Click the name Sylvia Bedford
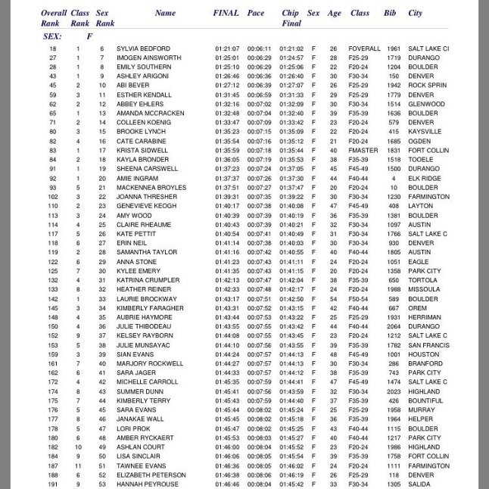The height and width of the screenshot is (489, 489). tap(143, 48)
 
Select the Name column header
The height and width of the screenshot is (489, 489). tap(165, 13)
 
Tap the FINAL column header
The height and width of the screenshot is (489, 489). tap(226, 13)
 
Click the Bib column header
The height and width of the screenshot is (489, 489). tap(390, 13)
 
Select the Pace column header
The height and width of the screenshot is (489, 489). tap(256, 13)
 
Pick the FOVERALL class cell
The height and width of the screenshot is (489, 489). tap(365, 48)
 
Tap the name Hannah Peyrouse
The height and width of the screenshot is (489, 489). tap(147, 484)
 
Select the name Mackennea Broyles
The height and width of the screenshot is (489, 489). tap(151, 187)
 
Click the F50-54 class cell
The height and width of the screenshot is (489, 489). tap(358, 298)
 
